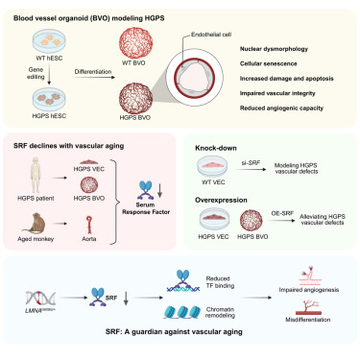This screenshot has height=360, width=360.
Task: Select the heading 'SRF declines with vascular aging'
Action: click(70, 142)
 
